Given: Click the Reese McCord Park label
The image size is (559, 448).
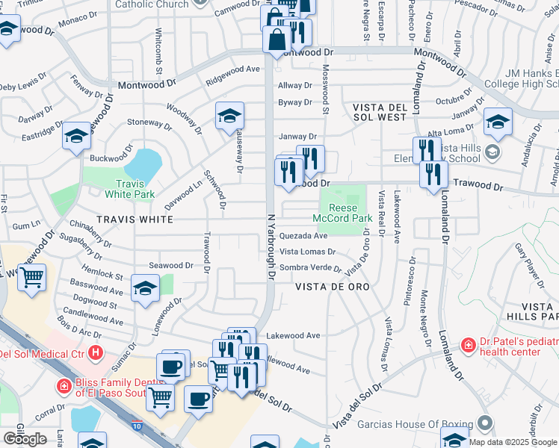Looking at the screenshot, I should click(346, 213).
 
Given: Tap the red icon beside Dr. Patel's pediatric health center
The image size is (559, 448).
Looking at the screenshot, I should click(468, 346).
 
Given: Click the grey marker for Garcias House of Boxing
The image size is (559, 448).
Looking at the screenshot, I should click(486, 423).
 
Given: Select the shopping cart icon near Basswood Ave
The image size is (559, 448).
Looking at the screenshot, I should click(31, 278).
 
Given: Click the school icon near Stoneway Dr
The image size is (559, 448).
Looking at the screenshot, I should click(77, 136).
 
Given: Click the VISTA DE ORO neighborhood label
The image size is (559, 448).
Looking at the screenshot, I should click(333, 287).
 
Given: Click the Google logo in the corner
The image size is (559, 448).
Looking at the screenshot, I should click(25, 439).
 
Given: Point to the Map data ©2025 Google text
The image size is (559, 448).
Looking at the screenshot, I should click(513, 442).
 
